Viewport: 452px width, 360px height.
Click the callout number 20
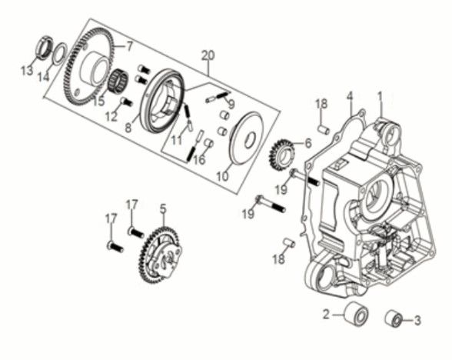[205, 55]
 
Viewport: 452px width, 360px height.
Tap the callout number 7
[129, 46]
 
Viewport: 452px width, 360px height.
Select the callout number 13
[28, 72]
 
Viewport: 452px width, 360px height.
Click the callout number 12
[112, 117]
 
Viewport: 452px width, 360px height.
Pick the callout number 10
[222, 176]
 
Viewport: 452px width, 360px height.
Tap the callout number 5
[162, 208]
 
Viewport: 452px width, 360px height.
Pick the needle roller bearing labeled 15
[118, 80]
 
